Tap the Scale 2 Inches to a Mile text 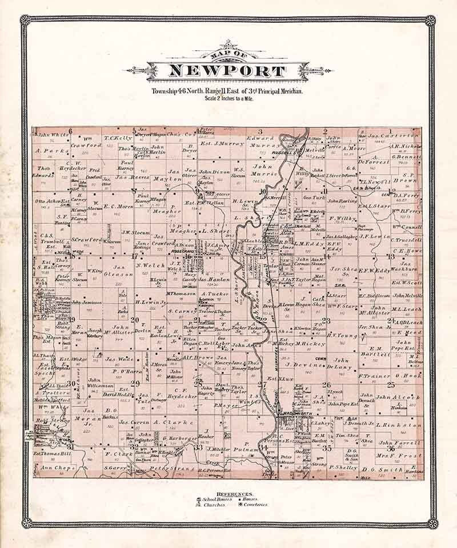[x=228, y=98]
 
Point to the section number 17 [x=135, y=256]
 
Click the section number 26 [x=326, y=385]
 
